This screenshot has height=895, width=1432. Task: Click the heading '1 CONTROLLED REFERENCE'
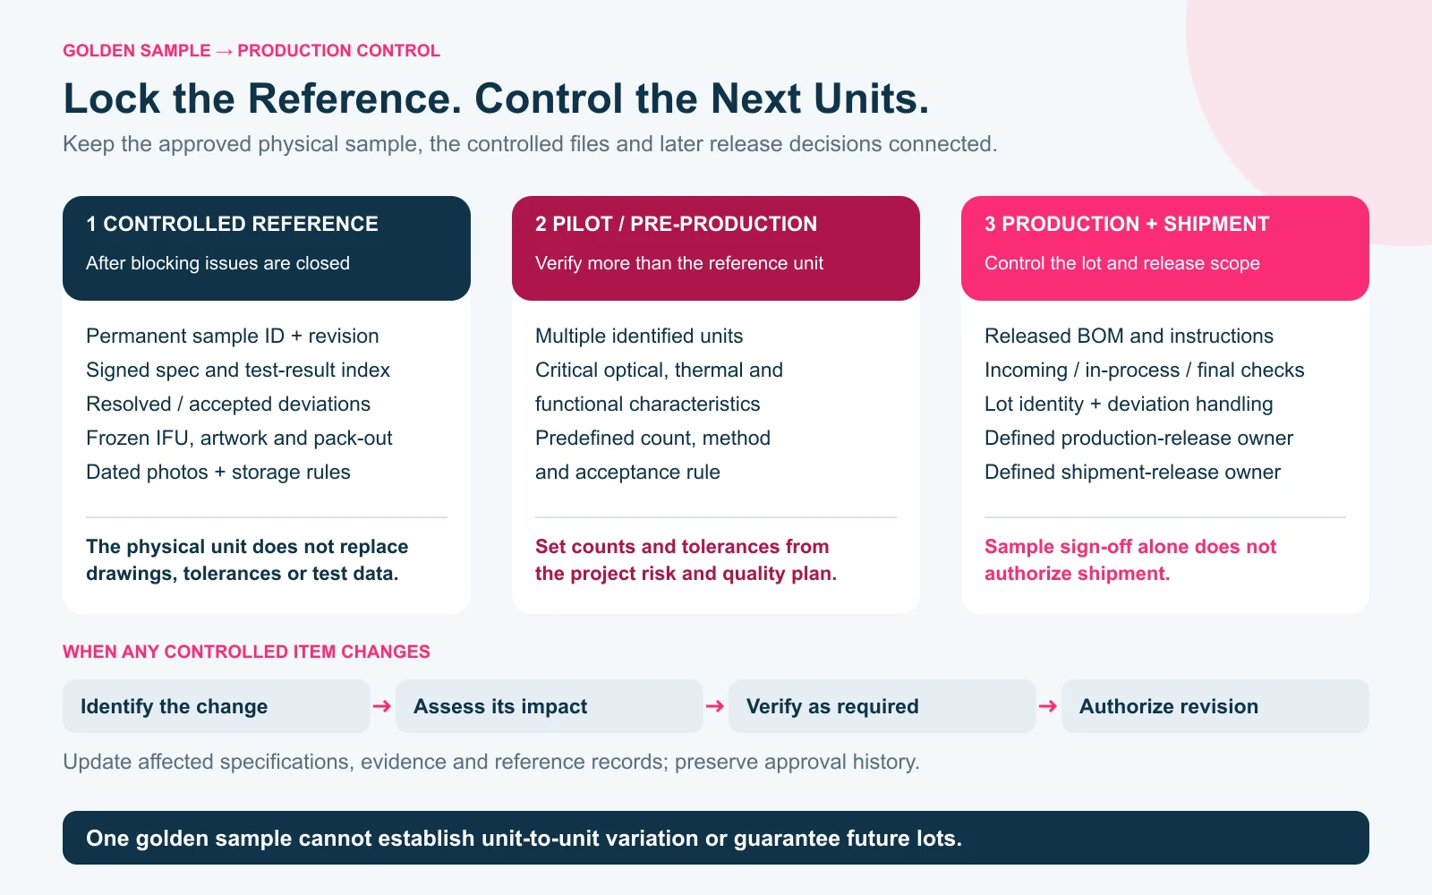click(x=232, y=224)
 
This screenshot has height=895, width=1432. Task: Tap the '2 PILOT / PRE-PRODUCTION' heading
click(x=676, y=224)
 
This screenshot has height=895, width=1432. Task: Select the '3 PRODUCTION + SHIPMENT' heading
click(x=1127, y=224)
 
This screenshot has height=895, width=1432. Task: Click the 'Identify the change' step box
click(x=216, y=706)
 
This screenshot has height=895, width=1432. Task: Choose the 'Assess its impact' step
click(x=550, y=706)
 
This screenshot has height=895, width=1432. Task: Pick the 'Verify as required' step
click(x=882, y=706)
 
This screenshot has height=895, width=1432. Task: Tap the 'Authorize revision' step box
click(x=1215, y=706)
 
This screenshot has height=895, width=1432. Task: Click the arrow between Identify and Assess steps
click(x=382, y=706)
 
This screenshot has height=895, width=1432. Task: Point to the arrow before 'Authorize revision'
click(x=1048, y=706)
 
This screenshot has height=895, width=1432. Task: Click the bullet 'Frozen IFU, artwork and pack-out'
click(x=239, y=438)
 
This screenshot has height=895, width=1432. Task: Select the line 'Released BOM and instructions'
click(x=1129, y=336)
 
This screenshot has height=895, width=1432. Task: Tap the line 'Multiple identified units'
click(x=639, y=336)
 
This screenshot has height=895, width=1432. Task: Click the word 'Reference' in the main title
click(x=354, y=98)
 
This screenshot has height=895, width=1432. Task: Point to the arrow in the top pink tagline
click(x=224, y=51)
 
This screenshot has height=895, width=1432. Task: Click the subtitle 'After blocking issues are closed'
click(x=218, y=263)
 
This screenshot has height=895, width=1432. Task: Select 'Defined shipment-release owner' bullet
click(x=1132, y=472)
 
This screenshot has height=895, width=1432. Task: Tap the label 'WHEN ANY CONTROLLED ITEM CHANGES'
click(x=246, y=652)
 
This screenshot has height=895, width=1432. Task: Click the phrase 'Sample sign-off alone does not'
click(x=1130, y=547)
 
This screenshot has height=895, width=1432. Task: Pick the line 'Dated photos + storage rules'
click(x=218, y=472)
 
